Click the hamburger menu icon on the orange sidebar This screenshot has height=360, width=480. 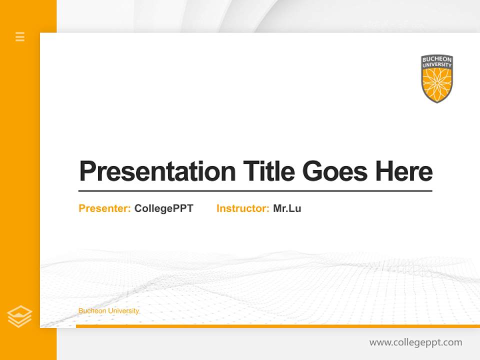point(20,36)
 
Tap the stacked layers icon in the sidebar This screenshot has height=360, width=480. point(19,316)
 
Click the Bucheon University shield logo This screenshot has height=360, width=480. point(436,78)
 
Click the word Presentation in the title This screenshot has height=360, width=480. point(157,171)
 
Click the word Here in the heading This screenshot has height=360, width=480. point(404,171)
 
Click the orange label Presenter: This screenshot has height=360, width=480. point(105,208)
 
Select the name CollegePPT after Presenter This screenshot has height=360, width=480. point(163,208)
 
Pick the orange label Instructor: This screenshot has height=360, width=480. point(243,208)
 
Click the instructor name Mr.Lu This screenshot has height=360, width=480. point(287,208)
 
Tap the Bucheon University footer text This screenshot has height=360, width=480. point(108,311)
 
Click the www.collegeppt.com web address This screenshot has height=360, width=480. point(415,342)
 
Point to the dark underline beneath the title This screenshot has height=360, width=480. point(255,191)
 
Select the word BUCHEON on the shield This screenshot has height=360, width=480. point(436,59)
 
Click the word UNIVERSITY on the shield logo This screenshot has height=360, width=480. point(436,65)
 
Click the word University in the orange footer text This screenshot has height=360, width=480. point(123,311)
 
